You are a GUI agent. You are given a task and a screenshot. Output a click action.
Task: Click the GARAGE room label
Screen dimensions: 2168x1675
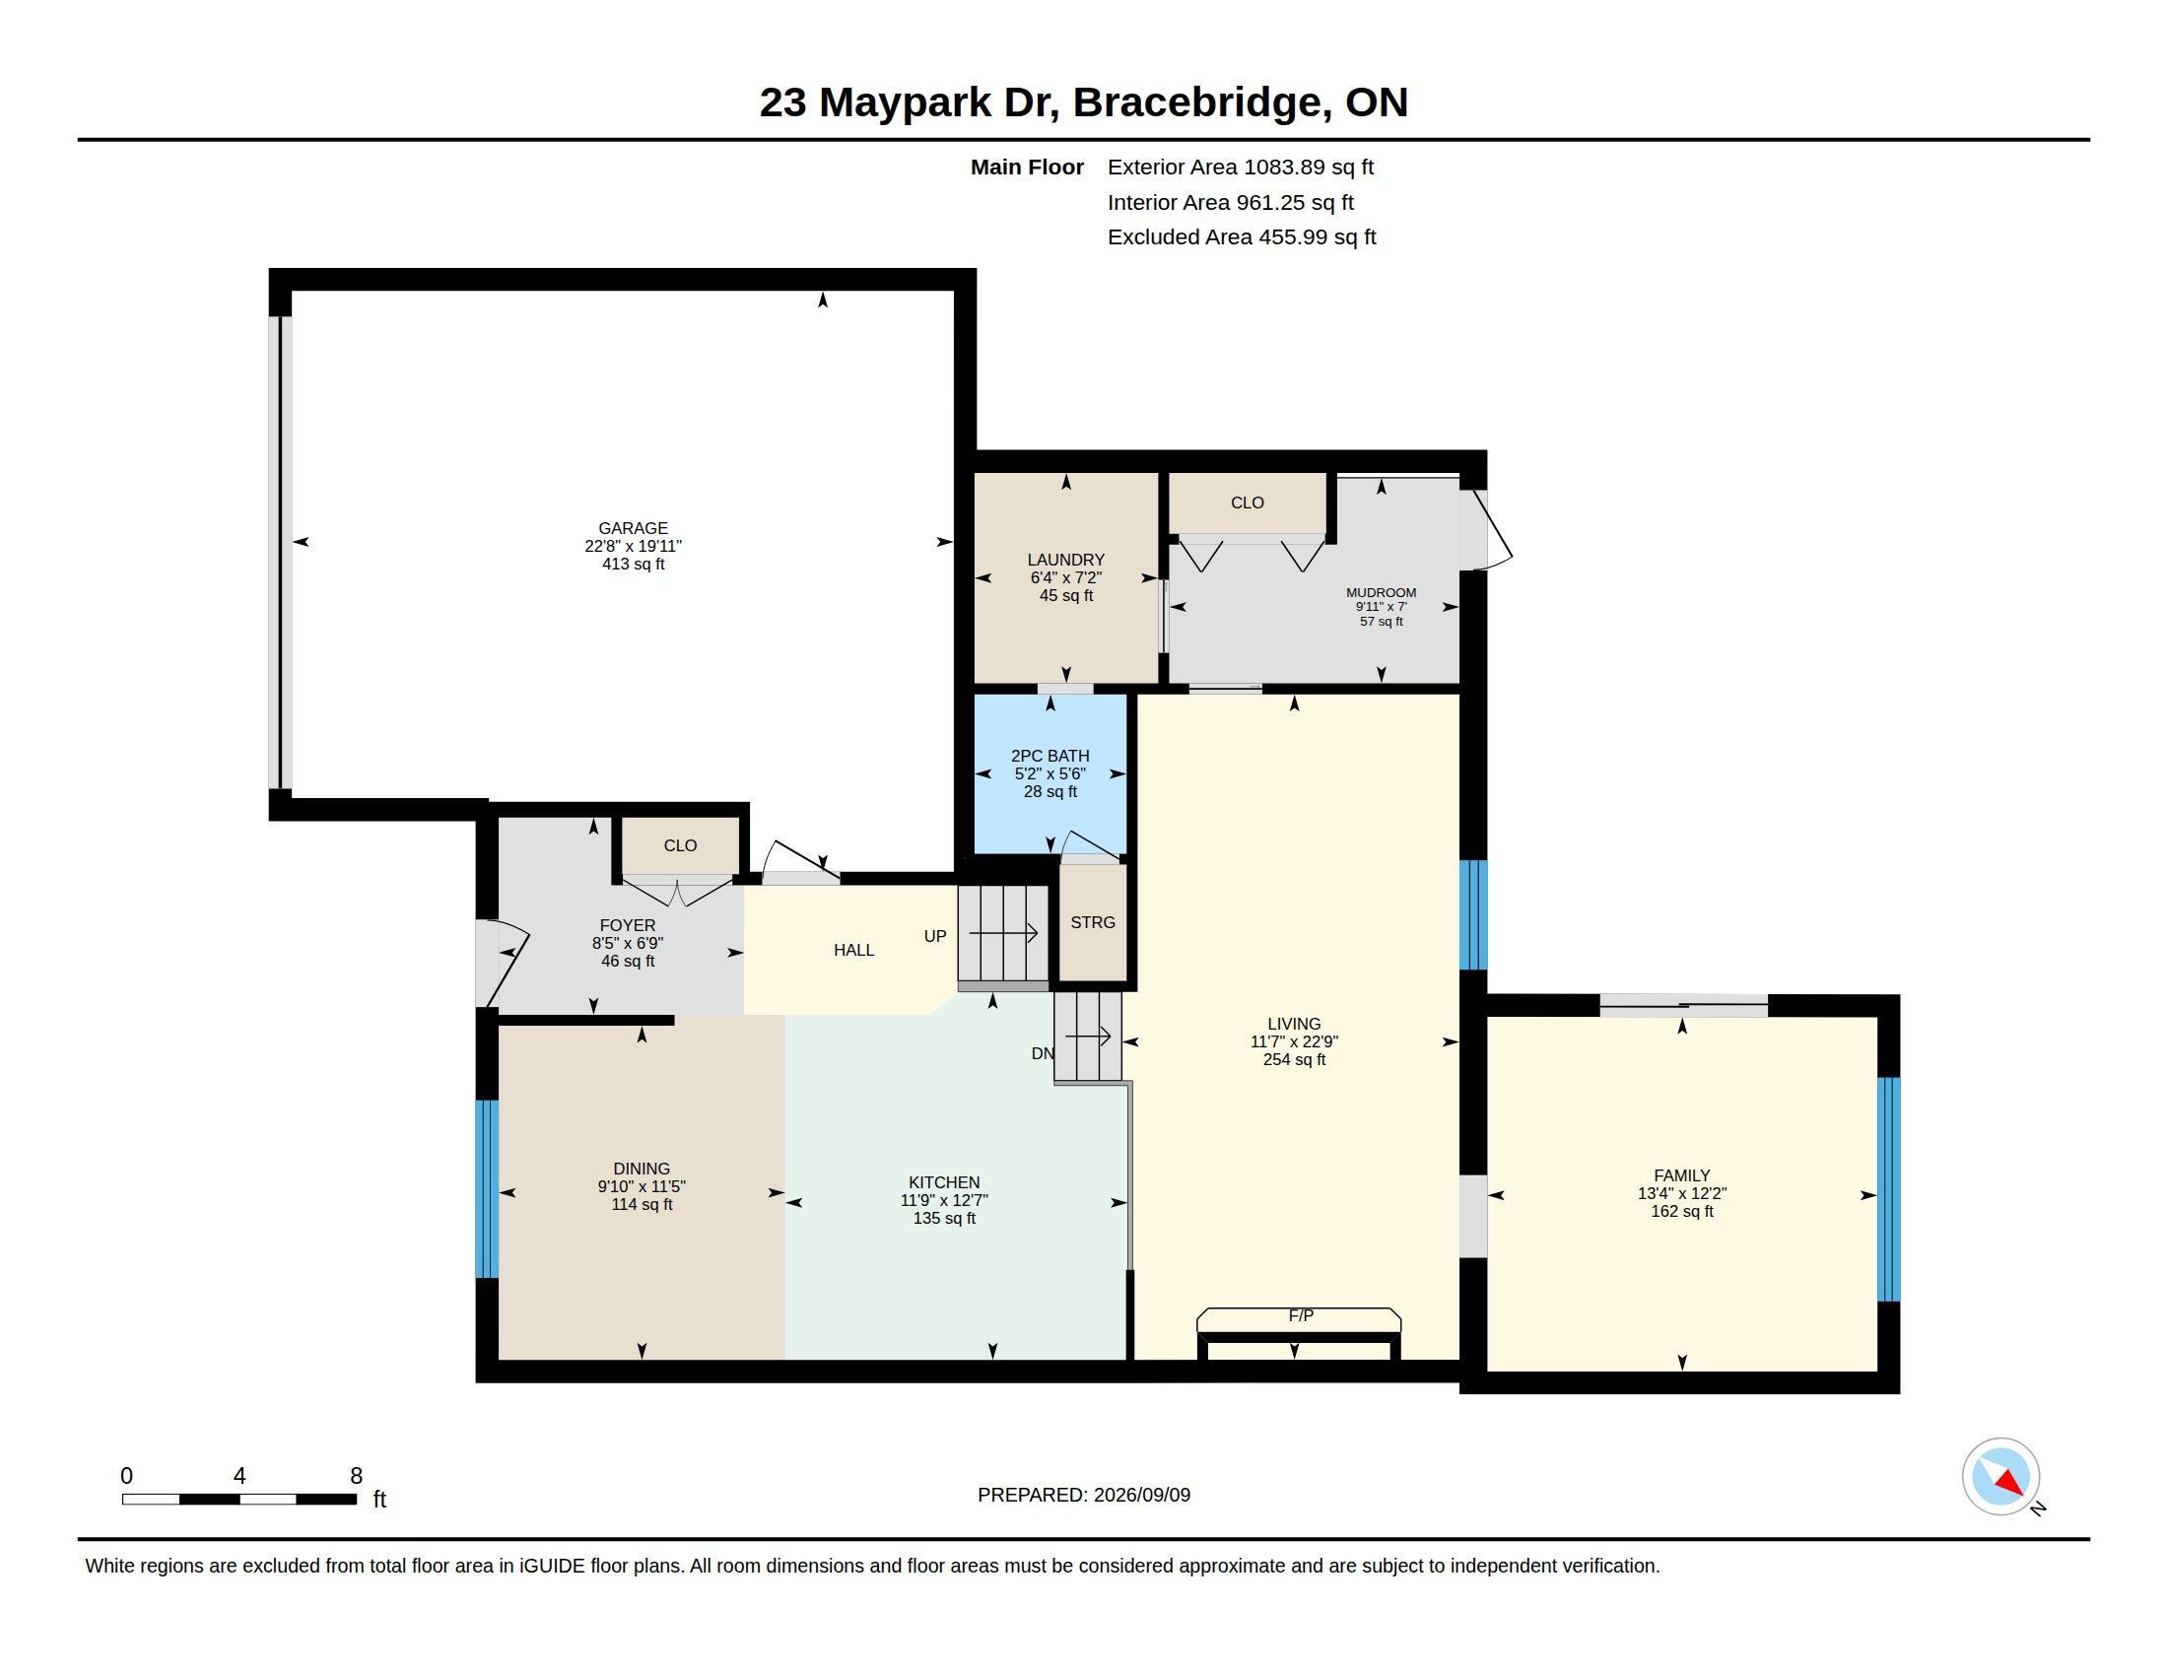tap(634, 528)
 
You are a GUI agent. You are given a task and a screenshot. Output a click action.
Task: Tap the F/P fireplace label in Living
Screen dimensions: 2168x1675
tap(1301, 1315)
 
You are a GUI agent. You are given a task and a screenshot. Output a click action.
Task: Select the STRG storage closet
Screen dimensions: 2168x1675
tap(1093, 922)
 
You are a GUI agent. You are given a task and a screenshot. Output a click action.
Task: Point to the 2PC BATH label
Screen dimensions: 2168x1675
tap(1050, 756)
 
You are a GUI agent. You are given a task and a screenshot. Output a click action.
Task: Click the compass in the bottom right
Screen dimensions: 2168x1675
tap(2000, 1477)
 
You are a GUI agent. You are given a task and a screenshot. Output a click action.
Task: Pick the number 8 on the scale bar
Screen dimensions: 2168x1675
tap(357, 1476)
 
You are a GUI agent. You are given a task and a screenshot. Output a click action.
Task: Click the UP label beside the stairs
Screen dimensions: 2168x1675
tap(935, 936)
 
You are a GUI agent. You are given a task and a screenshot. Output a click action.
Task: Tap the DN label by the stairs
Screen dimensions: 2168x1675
tap(1043, 1053)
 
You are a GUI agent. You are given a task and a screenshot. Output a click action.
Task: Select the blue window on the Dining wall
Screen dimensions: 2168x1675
tap(487, 1189)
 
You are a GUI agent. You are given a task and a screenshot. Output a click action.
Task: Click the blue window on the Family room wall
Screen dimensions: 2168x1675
tap(1889, 1189)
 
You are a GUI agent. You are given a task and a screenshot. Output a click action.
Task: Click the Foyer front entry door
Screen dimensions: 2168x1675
tap(503, 964)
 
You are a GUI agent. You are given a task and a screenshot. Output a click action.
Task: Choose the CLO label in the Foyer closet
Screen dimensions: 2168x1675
tap(680, 845)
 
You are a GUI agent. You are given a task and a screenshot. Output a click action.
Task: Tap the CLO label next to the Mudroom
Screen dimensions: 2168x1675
tap(1247, 503)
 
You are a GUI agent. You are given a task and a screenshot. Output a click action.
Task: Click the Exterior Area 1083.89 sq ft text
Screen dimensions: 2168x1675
tap(1241, 167)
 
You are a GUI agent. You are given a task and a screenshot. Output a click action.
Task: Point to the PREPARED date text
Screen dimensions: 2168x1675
tap(1084, 1495)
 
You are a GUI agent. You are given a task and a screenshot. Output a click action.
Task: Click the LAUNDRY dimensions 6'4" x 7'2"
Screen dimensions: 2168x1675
tap(1066, 577)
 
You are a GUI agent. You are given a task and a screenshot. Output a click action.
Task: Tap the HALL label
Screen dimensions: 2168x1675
tap(853, 950)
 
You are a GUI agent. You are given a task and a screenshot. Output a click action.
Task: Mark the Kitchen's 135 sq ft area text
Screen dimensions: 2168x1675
tap(944, 1218)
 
